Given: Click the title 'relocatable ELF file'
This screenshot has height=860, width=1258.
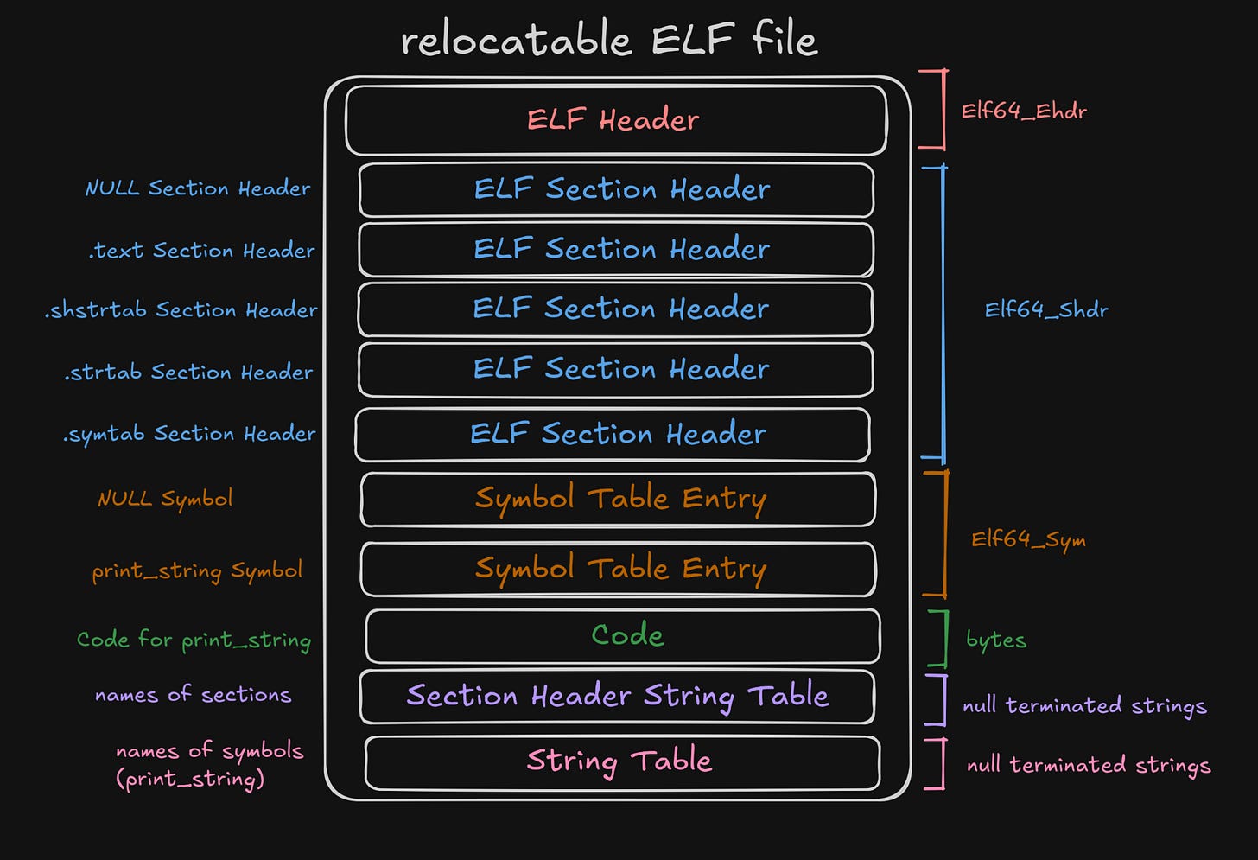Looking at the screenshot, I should tap(609, 40).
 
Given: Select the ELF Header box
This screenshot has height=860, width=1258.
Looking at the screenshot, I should tap(615, 119).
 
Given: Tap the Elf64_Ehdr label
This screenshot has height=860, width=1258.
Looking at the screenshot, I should tap(1024, 111).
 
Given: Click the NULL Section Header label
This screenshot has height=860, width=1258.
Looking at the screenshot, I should tap(197, 188).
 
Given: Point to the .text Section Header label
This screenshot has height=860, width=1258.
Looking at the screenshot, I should tap(201, 251).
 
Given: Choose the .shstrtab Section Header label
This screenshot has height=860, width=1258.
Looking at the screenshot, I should tap(181, 310).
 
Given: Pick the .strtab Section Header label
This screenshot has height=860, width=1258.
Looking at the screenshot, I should tap(188, 373).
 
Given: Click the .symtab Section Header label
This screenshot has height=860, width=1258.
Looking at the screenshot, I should tap(189, 434).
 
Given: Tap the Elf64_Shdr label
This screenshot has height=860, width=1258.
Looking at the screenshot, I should tap(1046, 310).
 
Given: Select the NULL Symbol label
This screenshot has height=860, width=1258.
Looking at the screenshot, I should tap(165, 499).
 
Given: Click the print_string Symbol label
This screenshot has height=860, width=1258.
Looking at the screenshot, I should tap(197, 570).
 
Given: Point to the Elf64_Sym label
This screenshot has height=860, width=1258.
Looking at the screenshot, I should tap(1028, 540).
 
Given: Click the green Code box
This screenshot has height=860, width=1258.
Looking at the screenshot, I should tap(623, 635).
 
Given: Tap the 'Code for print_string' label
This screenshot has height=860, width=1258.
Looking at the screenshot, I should tap(194, 640).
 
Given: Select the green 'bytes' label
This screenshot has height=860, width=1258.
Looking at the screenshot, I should tap(996, 640).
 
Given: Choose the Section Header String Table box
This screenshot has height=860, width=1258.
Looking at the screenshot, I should tap(617, 696).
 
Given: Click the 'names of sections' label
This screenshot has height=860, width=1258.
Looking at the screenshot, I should tap(193, 695).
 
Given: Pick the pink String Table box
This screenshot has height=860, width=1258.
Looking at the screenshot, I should tap(622, 761).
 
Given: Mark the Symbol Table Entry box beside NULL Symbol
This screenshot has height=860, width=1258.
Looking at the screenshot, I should tap(619, 499).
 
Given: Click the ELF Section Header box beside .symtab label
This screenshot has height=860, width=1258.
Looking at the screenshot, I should tap(613, 434).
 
